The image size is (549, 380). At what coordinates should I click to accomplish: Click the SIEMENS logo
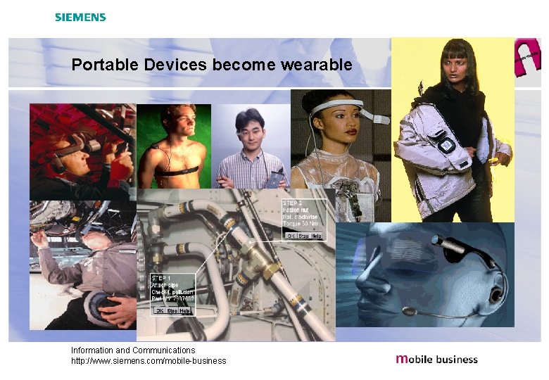click(x=80, y=17)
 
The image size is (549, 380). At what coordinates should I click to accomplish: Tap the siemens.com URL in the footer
click(x=149, y=361)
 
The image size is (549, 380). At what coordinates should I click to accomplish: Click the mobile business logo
click(x=436, y=359)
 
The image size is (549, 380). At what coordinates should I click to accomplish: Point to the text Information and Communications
click(x=133, y=350)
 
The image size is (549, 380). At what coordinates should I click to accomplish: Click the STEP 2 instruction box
click(x=303, y=220)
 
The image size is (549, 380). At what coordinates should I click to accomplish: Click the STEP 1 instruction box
click(x=172, y=294)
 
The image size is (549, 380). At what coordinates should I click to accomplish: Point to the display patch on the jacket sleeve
click(x=446, y=143)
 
